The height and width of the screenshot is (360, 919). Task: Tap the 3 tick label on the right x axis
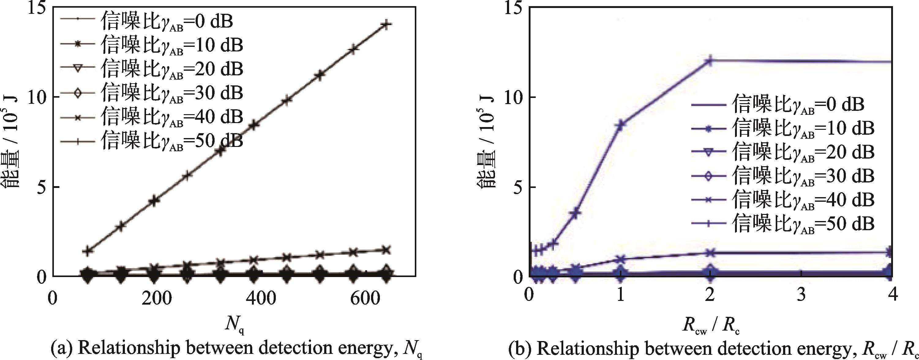801,295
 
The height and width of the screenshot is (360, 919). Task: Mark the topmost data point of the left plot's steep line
386,24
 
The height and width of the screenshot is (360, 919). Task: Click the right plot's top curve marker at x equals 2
710,61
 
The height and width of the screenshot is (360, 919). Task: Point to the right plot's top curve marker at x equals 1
621,125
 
